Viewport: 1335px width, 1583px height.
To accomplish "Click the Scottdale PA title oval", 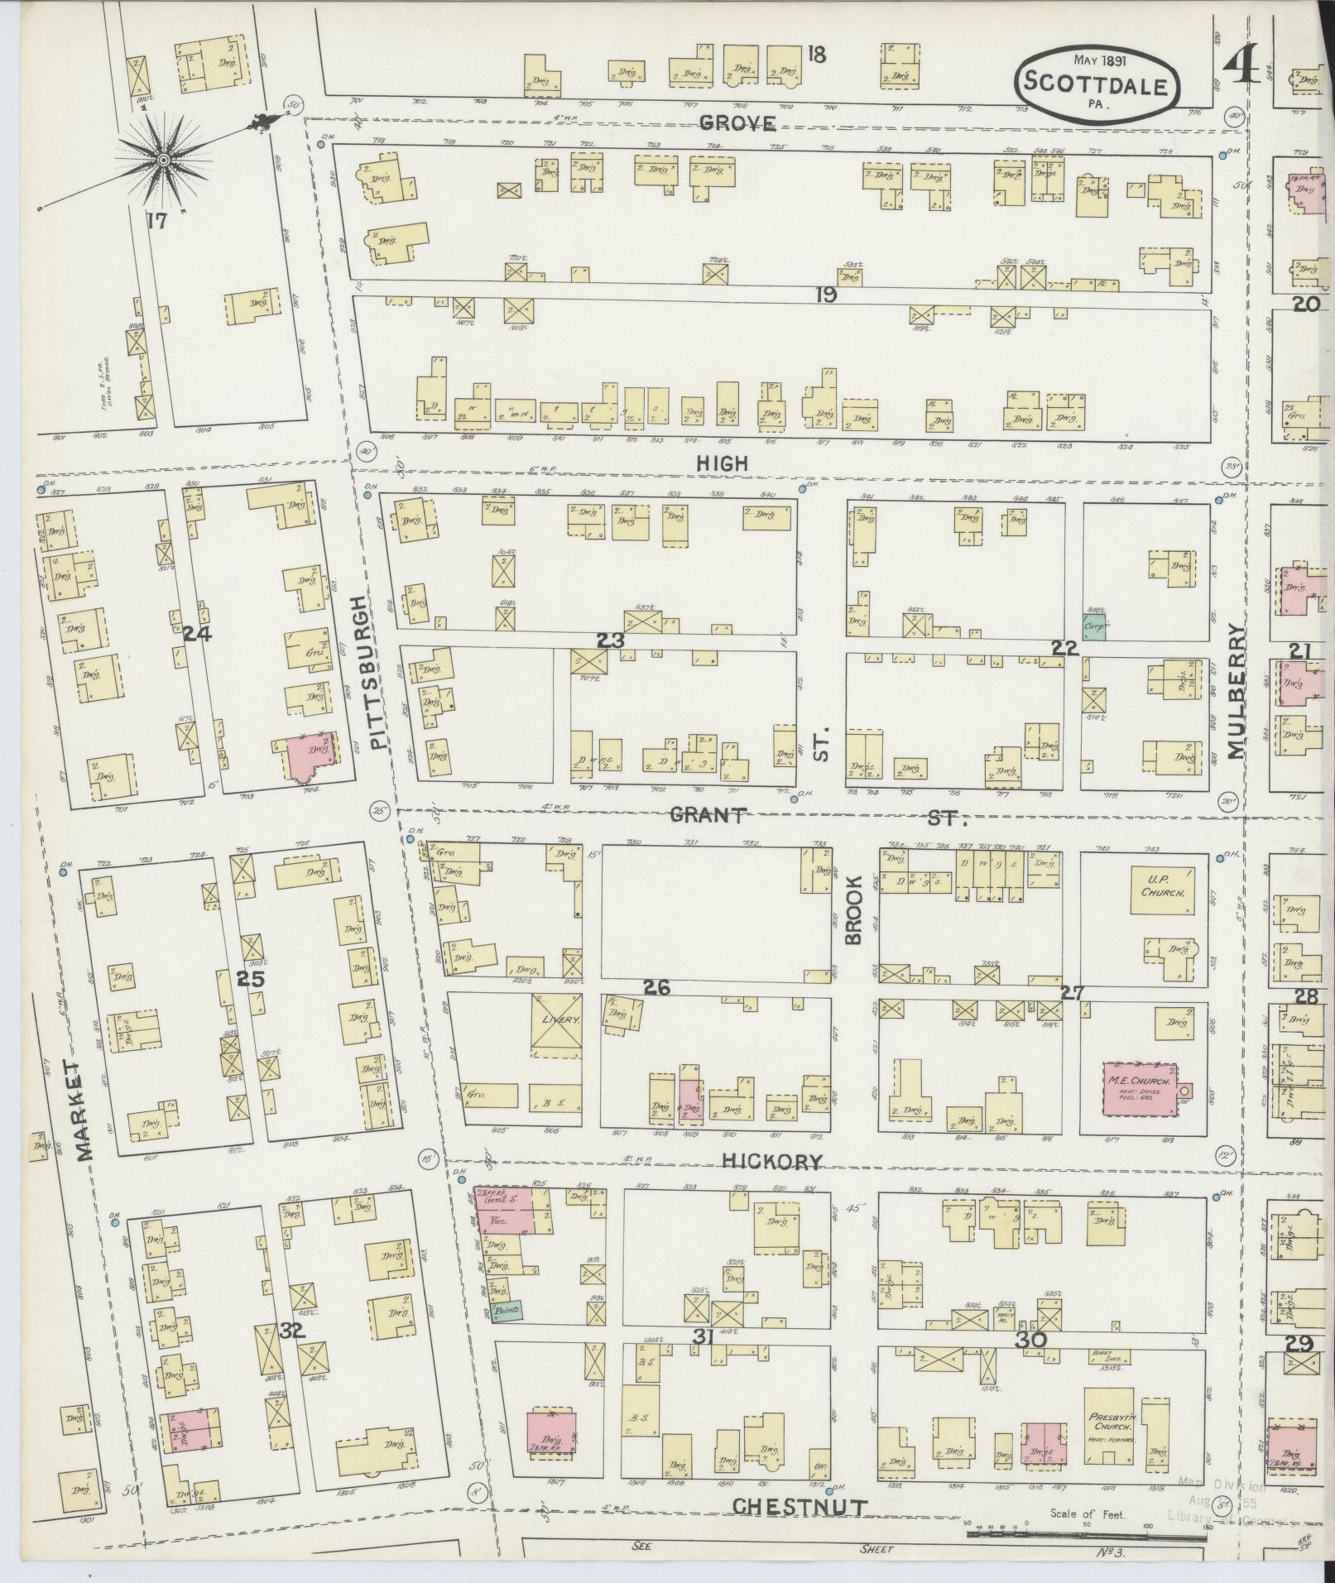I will pos(1097,83).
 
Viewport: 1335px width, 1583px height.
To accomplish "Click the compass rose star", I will pos(163,158).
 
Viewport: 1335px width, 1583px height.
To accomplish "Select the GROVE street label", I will pos(737,124).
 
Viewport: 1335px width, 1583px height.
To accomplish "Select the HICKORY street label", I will pos(771,1162).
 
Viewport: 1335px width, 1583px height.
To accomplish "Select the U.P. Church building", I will pos(1163,890).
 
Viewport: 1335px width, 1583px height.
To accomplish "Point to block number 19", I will pos(824,295).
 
